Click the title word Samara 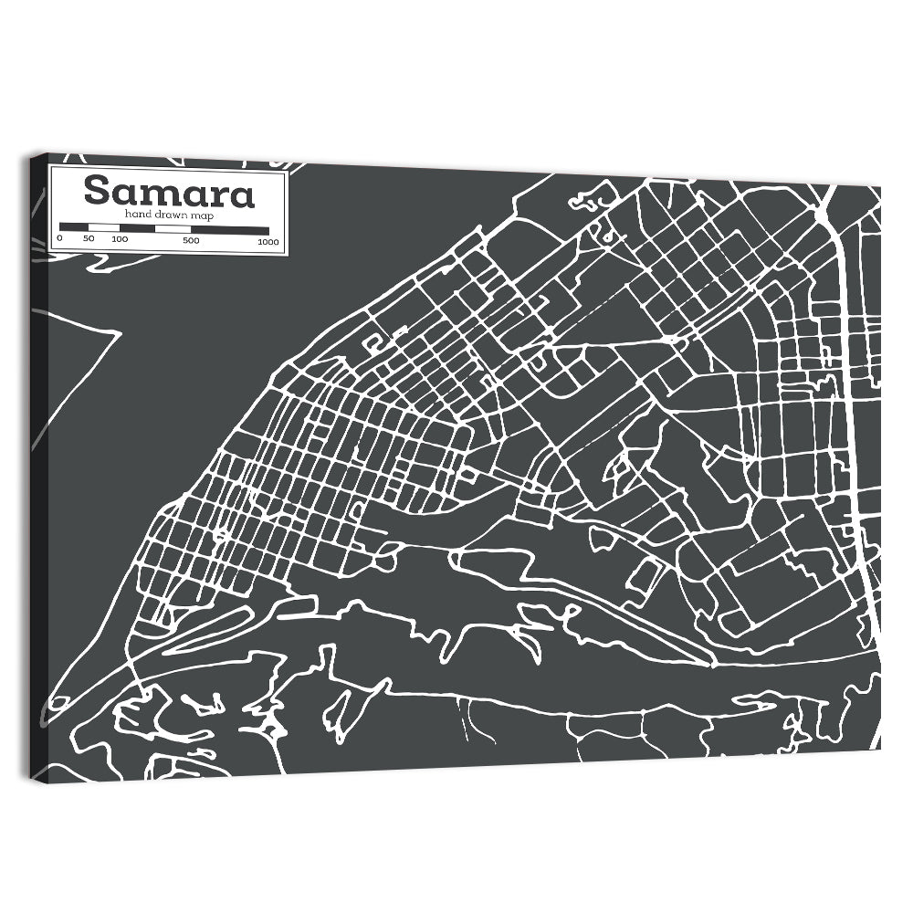point(169,193)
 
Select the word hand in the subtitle point(139,214)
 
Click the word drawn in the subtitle point(171,214)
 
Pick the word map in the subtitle point(202,214)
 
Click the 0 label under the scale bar point(60,239)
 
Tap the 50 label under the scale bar point(89,239)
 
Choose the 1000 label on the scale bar point(268,242)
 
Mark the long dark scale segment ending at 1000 point(229,230)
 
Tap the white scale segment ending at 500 point(173,228)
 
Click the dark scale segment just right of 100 point(136,228)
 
